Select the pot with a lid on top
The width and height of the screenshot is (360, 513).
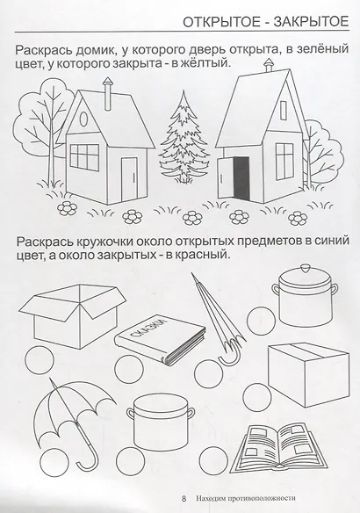pyautogui.click(x=302, y=307)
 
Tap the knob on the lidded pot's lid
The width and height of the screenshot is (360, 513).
pyautogui.click(x=302, y=274)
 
